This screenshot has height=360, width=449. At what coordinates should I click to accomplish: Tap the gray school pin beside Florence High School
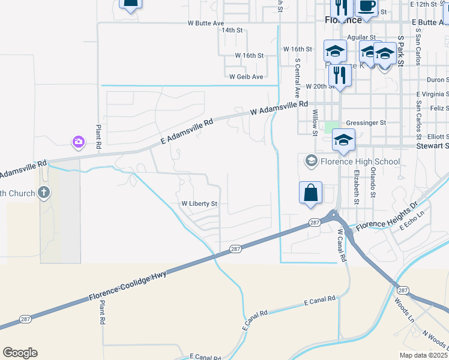point(311,161)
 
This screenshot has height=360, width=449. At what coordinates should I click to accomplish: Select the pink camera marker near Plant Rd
point(79,142)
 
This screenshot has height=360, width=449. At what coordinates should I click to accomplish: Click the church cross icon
point(43,193)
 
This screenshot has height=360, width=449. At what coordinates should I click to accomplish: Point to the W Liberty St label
point(199,204)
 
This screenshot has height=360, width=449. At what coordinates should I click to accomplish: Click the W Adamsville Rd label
point(274,109)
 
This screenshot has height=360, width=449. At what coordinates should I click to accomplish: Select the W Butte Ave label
point(205,23)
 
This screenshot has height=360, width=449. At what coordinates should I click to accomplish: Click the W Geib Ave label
point(246,77)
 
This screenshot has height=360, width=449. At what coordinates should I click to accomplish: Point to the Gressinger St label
point(366,122)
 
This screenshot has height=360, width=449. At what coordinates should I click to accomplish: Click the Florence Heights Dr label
point(387,218)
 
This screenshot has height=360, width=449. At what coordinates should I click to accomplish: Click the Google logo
point(20,353)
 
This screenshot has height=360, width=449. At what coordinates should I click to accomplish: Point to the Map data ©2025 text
point(423,355)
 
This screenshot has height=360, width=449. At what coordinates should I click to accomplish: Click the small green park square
point(330,127)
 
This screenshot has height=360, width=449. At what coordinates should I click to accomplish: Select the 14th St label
point(232,29)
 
